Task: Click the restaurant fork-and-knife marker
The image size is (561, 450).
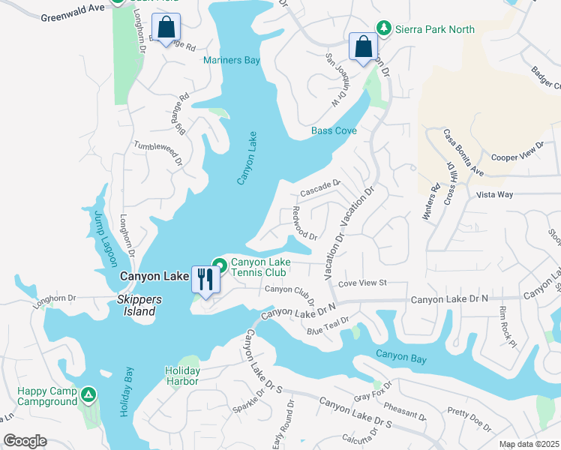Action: (x=205, y=279)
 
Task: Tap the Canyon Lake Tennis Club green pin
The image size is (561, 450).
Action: (x=220, y=264)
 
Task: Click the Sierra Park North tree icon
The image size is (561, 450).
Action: (x=384, y=28)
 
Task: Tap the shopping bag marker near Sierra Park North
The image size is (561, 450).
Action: (x=363, y=46)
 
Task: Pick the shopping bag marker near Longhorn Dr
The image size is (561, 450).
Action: (x=166, y=28)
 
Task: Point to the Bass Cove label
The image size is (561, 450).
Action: (x=334, y=130)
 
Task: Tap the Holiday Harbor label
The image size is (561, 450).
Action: (x=182, y=376)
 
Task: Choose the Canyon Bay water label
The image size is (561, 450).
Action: (x=401, y=358)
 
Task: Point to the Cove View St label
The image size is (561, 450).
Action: (x=361, y=283)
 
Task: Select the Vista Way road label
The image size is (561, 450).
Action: (x=494, y=194)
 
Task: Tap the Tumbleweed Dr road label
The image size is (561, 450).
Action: (x=158, y=153)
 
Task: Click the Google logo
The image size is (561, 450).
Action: (x=25, y=441)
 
